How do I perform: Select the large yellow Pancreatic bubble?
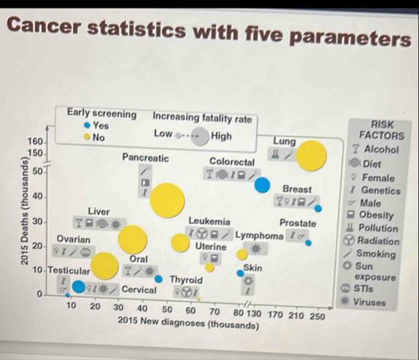[x=166, y=200]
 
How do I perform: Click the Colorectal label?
[x=231, y=161]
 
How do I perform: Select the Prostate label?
[x=298, y=223]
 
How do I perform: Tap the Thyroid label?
[x=186, y=280]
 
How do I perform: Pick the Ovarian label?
[x=74, y=239]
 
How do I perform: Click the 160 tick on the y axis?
[x=34, y=140]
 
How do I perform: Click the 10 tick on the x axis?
[x=72, y=305]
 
